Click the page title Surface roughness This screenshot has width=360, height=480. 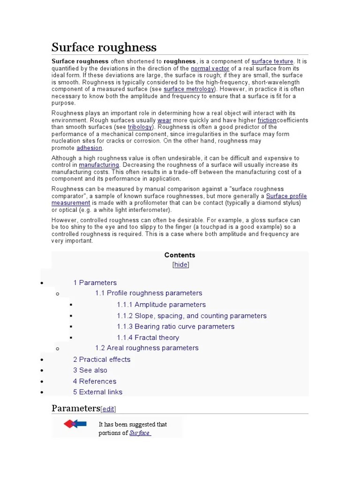coord(104,47)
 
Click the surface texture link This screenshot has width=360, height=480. coord(272,61)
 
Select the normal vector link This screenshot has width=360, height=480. coord(210,68)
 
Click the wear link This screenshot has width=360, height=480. coord(164,120)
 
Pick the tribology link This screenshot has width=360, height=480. coord(140,127)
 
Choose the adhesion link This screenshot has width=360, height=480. coord(89,148)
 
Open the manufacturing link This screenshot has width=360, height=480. coord(99,165)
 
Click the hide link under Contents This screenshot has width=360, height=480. coord(180,264)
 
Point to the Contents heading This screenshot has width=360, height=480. coord(180,255)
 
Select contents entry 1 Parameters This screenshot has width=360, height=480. coord(95,283)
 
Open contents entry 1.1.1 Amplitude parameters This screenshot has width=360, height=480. coord(161,305)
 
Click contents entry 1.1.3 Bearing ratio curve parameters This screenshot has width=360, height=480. coord(175,326)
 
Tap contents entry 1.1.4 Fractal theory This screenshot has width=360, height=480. coord(148,337)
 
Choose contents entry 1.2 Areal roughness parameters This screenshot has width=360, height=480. coord(147,348)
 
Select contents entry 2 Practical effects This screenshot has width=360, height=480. coord(102,360)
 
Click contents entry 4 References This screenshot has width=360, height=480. coord(94,381)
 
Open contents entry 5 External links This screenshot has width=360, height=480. coord(97,392)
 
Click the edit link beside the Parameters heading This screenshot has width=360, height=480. coord(108,409)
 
